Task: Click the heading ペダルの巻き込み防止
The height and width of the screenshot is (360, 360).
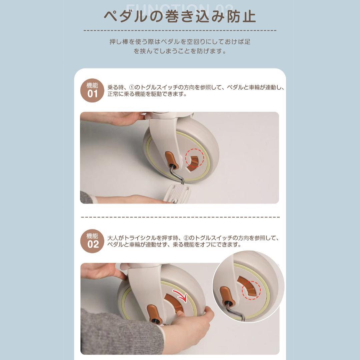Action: click(180, 16)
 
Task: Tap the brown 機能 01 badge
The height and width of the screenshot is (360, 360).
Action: click(92, 90)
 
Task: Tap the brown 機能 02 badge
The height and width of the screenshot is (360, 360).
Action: click(93, 241)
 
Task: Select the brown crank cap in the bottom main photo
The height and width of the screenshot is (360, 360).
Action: click(153, 312)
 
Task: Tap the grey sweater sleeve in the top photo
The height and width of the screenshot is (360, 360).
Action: click(87, 198)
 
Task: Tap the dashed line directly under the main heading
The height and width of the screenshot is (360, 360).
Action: click(180, 30)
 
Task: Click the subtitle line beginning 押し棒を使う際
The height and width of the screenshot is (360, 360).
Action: click(180, 42)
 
